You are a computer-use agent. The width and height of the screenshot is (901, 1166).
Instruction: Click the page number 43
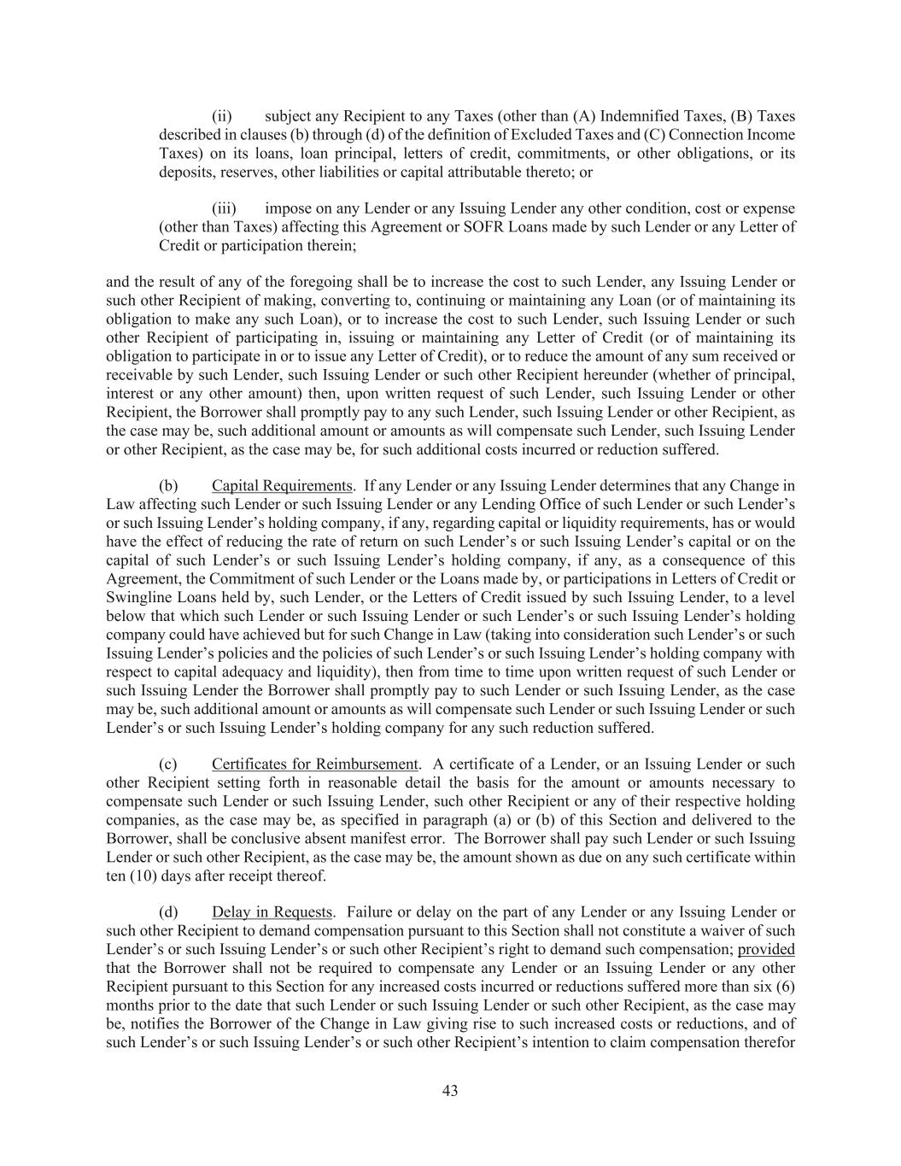(450, 1090)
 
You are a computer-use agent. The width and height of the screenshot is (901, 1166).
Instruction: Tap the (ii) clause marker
(222, 116)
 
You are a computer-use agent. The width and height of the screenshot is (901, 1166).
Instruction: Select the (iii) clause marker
(224, 208)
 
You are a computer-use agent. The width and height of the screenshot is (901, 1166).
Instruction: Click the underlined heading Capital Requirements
(282, 486)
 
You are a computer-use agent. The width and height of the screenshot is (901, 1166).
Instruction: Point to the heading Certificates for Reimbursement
(315, 764)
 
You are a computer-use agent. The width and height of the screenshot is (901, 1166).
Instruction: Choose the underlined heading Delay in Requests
(272, 912)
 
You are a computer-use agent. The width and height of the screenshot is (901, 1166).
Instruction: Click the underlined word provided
(766, 949)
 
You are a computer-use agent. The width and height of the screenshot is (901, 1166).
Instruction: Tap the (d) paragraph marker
(168, 912)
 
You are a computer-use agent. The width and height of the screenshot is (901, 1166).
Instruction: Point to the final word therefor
(769, 1042)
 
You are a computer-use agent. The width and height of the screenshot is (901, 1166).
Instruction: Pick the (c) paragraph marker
(168, 764)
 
